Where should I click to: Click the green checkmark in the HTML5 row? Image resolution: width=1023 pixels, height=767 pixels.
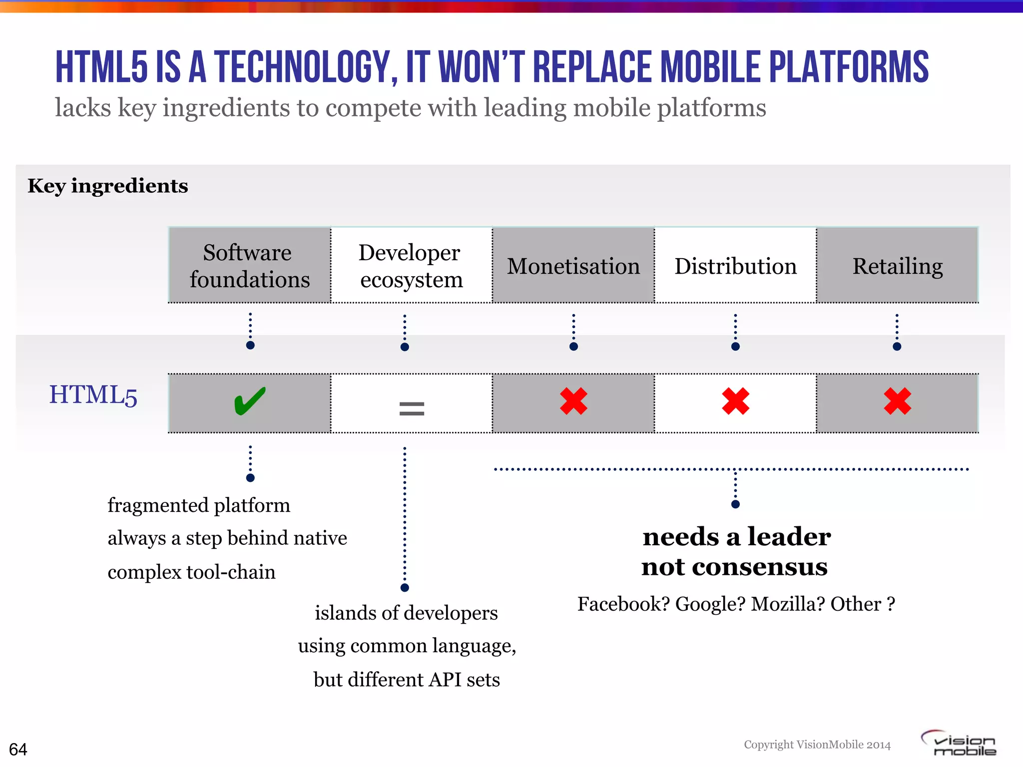coord(249,401)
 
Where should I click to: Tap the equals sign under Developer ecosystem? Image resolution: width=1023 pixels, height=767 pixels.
coord(412,409)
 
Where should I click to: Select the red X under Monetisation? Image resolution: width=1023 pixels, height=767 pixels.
coord(573,401)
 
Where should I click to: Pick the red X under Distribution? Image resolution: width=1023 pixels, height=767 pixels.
coord(735,401)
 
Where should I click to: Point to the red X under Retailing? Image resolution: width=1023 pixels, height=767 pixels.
coord(897,401)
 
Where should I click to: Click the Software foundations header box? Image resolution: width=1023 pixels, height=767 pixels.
coord(249,266)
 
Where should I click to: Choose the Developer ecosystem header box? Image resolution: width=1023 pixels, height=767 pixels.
coord(411,266)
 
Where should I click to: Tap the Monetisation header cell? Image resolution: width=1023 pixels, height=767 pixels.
coord(573,266)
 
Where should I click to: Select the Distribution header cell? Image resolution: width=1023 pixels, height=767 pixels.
coord(735,266)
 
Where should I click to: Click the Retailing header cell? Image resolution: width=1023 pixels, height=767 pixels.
coord(897,266)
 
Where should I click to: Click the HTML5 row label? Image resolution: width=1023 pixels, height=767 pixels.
coord(93,395)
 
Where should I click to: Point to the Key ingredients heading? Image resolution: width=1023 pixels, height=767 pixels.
coord(108,186)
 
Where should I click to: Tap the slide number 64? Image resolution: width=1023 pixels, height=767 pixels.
coord(18,749)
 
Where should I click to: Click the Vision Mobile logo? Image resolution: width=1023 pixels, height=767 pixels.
coord(959,744)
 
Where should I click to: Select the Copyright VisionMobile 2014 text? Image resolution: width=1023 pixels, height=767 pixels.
coord(817,745)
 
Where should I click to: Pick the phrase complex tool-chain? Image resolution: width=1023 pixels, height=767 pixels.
coord(191,572)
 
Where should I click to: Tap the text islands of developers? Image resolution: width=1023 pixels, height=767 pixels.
coord(406,613)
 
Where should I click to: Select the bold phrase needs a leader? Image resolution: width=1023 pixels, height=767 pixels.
coord(736,537)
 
